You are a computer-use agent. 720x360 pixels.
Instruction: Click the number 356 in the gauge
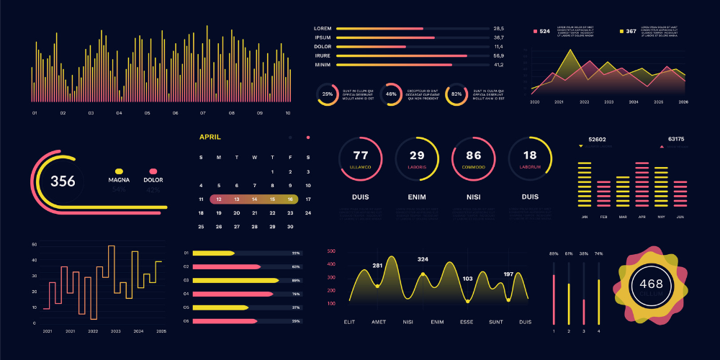[63, 181]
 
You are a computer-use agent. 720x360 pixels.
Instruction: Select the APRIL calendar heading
[210, 137]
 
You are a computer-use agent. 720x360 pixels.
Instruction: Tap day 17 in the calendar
[308, 199]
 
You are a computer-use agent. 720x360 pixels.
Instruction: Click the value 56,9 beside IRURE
[498, 55]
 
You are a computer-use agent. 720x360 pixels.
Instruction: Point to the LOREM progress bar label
[322, 28]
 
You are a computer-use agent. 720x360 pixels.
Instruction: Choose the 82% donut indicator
[456, 94]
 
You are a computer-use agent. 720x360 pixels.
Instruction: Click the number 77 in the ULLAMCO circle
[361, 156]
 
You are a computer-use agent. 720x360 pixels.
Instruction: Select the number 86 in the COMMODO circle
[474, 156]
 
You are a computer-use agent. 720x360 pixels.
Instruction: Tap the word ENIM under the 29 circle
[417, 197]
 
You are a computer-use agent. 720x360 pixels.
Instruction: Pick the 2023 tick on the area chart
[609, 102]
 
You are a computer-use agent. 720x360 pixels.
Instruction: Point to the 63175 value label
[676, 139]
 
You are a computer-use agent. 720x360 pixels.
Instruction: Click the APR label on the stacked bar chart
[642, 217]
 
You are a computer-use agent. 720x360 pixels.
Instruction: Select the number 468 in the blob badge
[651, 284]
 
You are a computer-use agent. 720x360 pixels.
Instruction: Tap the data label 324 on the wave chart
[423, 259]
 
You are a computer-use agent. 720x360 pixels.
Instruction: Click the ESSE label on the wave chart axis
[467, 323]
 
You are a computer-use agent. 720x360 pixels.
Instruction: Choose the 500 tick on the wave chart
[331, 251]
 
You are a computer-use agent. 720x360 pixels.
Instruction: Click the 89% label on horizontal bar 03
[295, 280]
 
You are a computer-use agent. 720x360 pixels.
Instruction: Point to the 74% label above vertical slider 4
[598, 254]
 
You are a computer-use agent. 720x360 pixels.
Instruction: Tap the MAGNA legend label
[119, 179]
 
